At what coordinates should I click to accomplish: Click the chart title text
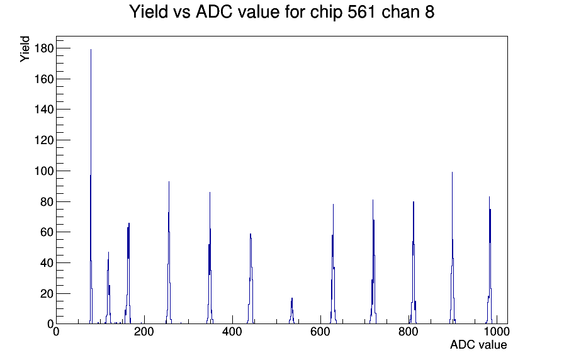coord(281,12)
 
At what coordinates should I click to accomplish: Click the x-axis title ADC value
coord(478,345)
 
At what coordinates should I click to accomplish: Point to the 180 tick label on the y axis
coord(43,48)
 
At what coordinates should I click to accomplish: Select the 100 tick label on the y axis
coord(43,171)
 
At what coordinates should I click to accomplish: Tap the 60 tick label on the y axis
coord(47,232)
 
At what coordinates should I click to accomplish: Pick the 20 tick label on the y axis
coord(47,294)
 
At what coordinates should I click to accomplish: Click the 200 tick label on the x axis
coord(144,332)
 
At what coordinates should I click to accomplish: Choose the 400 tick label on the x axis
coord(232,332)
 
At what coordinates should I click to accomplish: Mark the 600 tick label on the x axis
coord(320,332)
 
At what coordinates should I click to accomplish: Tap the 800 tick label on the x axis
coord(409,332)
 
